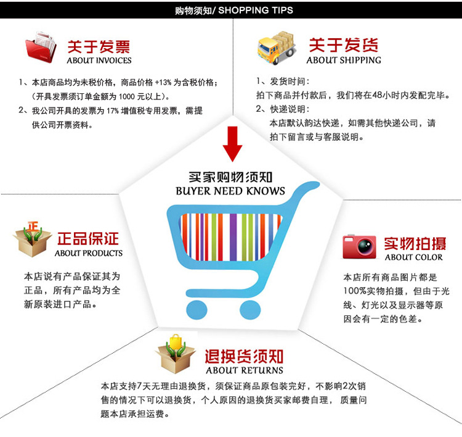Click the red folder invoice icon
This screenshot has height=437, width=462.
[41, 48]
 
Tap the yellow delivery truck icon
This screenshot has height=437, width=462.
[277, 48]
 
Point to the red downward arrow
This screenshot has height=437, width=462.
[233, 143]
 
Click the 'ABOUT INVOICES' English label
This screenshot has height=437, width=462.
[99, 60]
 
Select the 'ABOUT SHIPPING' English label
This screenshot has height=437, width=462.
[344, 60]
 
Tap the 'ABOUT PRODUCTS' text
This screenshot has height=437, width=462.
[89, 253]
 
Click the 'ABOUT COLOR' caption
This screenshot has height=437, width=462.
[414, 257]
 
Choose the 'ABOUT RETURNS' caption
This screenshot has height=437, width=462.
[245, 370]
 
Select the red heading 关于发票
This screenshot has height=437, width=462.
[99, 46]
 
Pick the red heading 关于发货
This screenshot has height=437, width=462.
[343, 45]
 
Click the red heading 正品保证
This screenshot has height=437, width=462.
[88, 239]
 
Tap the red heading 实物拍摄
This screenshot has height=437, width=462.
[414, 243]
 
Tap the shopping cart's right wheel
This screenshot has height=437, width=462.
[250, 308]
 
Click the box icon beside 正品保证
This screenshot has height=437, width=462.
[32, 239]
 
